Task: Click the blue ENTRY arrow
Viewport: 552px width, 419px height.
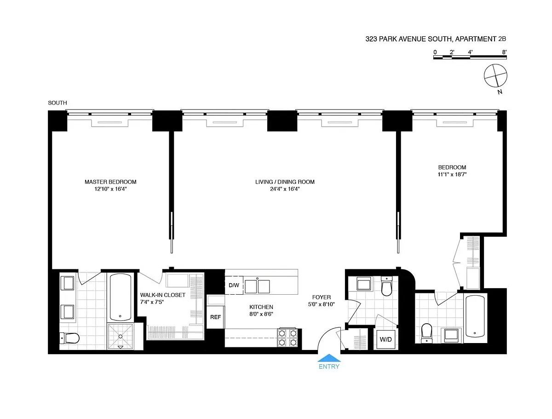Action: [329, 358]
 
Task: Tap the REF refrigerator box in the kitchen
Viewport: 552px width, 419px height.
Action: [215, 317]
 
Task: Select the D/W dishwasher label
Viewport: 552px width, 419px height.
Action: [234, 285]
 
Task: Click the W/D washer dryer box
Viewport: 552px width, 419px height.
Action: [385, 340]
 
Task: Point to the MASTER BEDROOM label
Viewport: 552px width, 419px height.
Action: [110, 182]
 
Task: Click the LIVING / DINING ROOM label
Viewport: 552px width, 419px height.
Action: [285, 182]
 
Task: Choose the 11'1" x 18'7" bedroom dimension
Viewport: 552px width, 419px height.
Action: [452, 175]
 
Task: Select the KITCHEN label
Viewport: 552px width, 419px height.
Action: [261, 307]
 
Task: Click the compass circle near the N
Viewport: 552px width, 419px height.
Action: [496, 76]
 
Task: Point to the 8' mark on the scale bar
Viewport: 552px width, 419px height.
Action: [504, 52]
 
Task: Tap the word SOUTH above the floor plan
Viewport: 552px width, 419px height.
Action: [57, 103]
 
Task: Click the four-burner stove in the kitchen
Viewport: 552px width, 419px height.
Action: [287, 338]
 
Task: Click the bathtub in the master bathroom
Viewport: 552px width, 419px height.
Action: [121, 297]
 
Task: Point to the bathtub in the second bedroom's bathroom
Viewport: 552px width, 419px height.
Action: [474, 317]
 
